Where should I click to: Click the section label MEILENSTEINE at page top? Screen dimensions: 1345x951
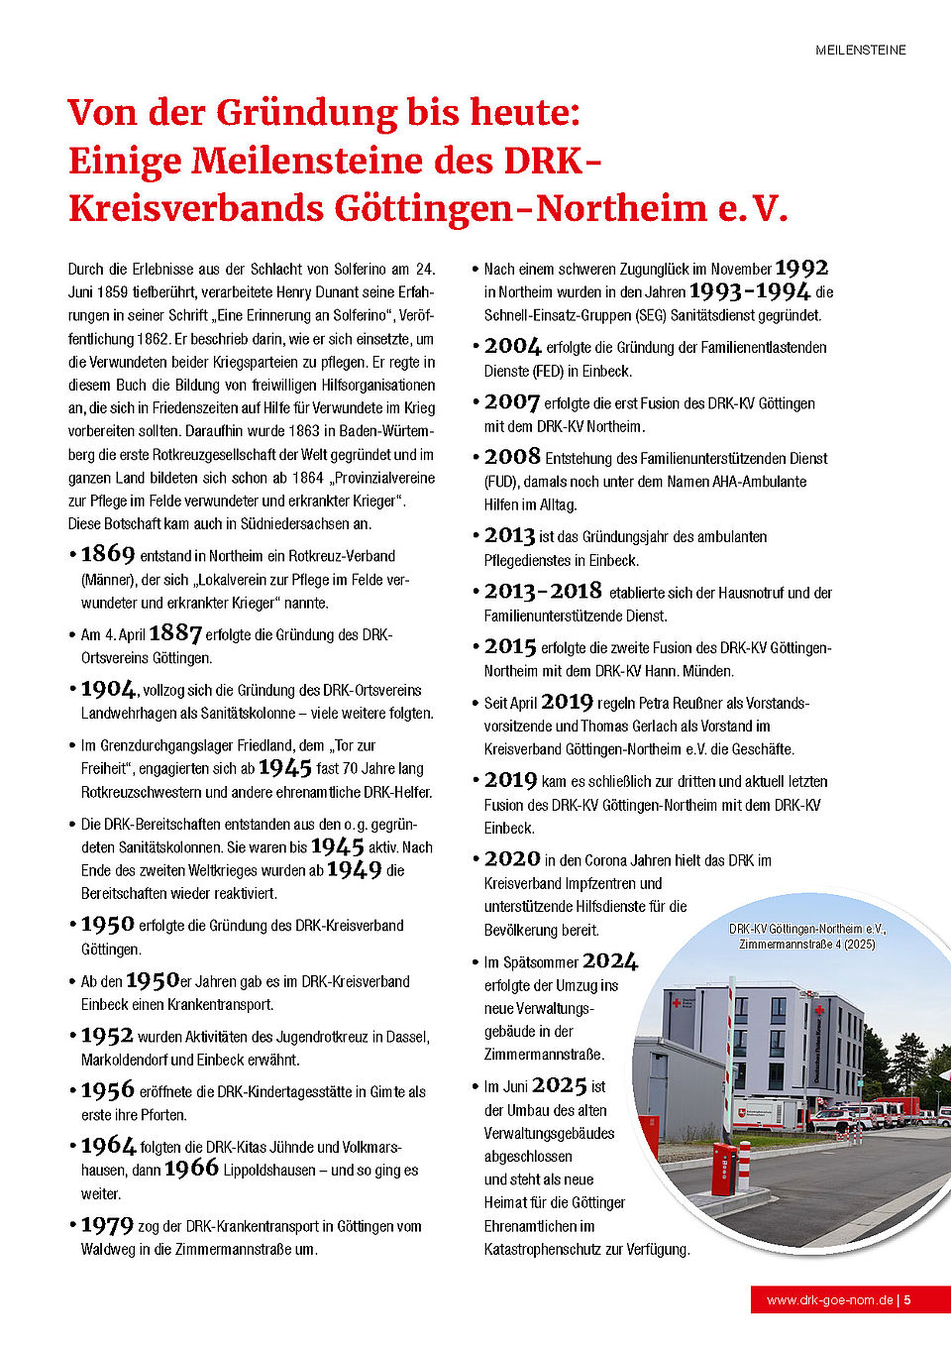[860, 50]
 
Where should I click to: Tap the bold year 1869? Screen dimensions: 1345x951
[107, 554]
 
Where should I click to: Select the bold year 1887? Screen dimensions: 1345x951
[174, 633]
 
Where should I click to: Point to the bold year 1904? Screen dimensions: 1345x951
[108, 689]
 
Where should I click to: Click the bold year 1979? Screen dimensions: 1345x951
[107, 1225]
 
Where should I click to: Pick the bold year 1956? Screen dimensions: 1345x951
[107, 1090]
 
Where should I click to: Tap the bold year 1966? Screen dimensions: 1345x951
[191, 1169]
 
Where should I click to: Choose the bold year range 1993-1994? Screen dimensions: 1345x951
[749, 291]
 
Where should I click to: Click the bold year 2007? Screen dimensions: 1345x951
[511, 402]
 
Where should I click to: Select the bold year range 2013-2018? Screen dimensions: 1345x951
[543, 592]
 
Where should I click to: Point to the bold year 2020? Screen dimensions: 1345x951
[512, 859]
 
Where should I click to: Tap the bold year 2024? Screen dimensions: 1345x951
[610, 961]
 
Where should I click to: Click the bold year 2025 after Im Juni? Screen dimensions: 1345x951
[560, 1085]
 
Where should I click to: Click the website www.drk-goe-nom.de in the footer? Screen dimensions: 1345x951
[829, 1299]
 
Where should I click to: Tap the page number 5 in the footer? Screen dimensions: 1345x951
[907, 1299]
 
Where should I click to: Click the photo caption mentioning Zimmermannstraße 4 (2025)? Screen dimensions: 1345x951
[806, 937]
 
